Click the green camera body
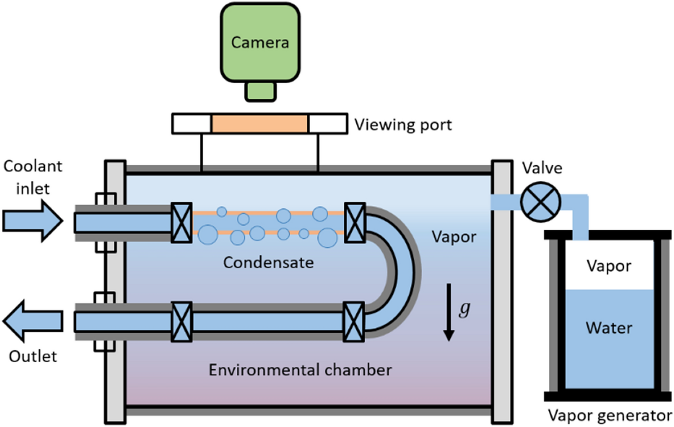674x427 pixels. pos(260,43)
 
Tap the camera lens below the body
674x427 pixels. pos(260,91)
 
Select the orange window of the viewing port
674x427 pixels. pos(259,124)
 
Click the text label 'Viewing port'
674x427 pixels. pos(403,125)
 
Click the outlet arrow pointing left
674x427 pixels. pos(33,321)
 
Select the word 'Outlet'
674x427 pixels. pos(33,356)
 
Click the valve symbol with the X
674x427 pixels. pos(540,202)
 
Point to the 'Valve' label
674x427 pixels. pos(542,168)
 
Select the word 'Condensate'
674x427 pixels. pos(268,262)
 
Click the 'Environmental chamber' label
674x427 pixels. pos(300,370)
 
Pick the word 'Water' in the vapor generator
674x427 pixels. pos(609,328)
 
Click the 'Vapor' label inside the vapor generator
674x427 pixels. pos(609,266)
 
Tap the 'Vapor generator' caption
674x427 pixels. pos(609,416)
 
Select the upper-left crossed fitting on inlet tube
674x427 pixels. pos(181,223)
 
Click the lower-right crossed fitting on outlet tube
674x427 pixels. pos(354,322)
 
